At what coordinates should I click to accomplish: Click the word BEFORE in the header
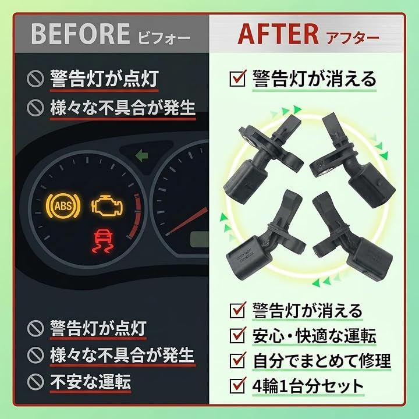point(80,34)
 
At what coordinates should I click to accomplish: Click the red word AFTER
point(278,34)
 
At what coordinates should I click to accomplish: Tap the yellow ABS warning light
point(63,206)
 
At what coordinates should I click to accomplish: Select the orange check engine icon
point(107,206)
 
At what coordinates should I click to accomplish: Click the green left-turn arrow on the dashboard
point(143,155)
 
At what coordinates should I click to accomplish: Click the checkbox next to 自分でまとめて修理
point(237,360)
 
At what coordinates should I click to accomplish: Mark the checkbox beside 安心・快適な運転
point(237,335)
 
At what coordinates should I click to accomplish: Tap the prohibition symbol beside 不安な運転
point(35,381)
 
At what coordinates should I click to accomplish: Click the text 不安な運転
point(90,382)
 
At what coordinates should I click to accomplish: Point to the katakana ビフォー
point(164,38)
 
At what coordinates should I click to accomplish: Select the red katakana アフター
point(353,38)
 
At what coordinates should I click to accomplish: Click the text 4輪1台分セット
point(308,385)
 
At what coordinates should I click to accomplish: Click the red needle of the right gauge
point(187,221)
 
